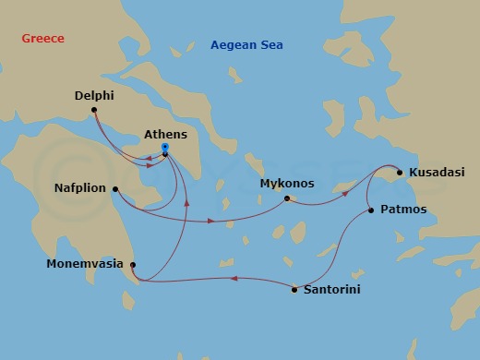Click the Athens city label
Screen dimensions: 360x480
tap(166, 134)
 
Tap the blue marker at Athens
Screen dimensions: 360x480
tap(164, 147)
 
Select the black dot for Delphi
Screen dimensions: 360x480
tap(93, 112)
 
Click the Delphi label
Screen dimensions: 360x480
tap(93, 94)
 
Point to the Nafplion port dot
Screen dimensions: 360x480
tap(114, 190)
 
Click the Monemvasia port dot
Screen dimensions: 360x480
tap(133, 265)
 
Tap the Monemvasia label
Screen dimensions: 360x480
tap(85, 264)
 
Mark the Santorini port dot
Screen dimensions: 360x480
tap(294, 290)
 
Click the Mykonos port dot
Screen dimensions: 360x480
tap(287, 198)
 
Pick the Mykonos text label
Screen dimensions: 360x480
tap(287, 184)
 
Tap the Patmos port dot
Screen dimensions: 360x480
tap(371, 210)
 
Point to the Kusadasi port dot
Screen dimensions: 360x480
tap(399, 172)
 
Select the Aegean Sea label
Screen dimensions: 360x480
tap(246, 44)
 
